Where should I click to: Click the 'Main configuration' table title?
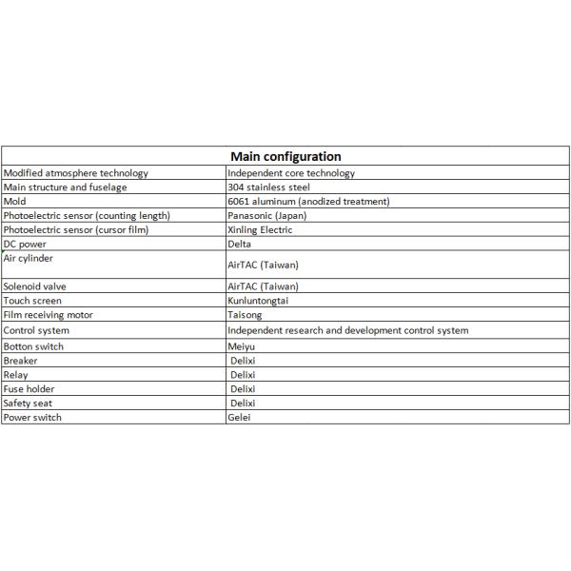pos(285,156)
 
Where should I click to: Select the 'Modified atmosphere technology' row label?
pos(76,173)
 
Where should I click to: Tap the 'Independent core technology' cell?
pos(291,173)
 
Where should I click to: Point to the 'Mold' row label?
pos(15,202)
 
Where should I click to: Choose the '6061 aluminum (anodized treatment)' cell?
pos(308,202)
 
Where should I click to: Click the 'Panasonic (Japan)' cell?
pos(267,216)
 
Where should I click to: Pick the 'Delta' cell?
pos(240,244)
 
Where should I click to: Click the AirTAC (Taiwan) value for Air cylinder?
pos(263,266)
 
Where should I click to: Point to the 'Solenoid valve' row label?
pos(35,286)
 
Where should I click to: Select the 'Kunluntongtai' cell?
pos(258,301)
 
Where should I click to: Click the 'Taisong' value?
pos(245,315)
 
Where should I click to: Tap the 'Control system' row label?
pos(36,330)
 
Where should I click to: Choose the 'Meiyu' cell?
pos(242,346)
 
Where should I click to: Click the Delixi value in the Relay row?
pos(244,375)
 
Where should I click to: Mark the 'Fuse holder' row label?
pos(30,389)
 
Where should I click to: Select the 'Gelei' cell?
pos(239,418)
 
